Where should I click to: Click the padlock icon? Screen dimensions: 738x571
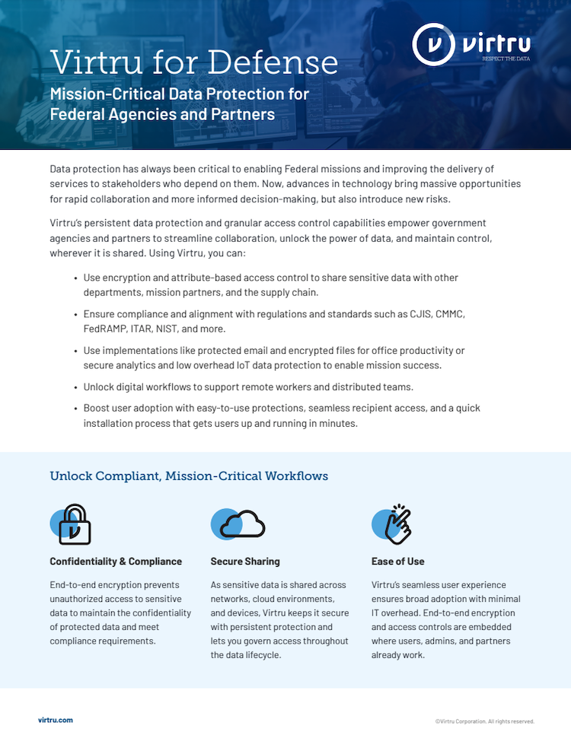point(74,524)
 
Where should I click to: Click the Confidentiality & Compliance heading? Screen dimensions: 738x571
point(116,561)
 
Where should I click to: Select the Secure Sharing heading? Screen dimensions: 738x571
point(245,561)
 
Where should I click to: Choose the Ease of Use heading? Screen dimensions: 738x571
point(398,561)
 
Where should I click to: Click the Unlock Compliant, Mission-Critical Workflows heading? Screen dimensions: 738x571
point(189,476)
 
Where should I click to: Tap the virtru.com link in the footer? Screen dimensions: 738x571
point(56,720)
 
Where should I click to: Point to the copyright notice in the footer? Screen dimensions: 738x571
point(484,721)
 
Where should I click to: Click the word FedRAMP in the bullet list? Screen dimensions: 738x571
point(106,329)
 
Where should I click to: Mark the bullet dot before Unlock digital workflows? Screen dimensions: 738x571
point(75,387)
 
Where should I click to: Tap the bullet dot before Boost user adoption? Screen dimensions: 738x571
point(75,409)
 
